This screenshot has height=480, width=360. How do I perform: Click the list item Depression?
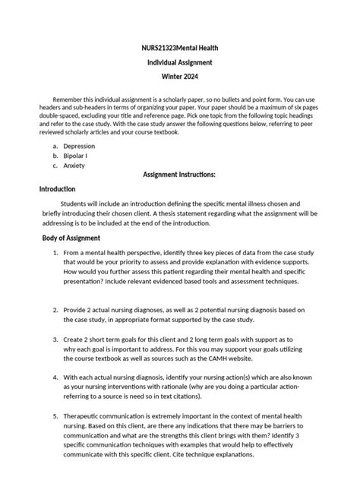[x=79, y=146]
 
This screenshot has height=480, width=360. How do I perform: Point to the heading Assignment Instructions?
[x=180, y=174]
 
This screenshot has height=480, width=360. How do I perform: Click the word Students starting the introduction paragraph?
[x=78, y=204]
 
